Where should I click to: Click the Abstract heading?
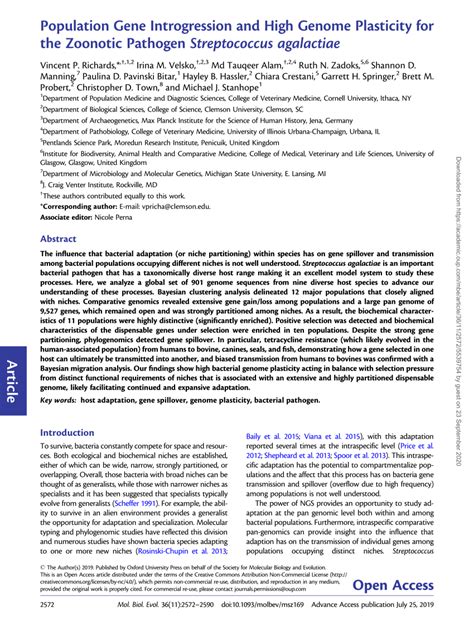pyautogui.click(x=58, y=240)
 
